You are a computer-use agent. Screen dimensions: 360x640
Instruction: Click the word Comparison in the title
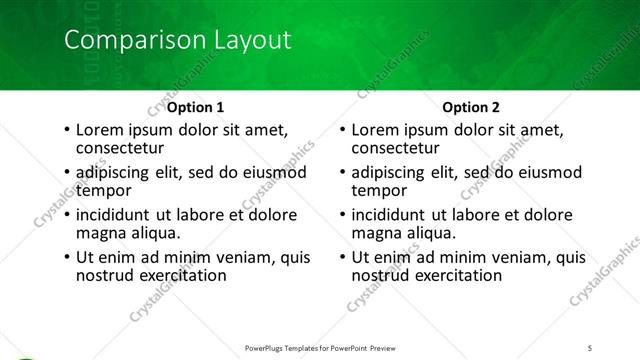pyautogui.click(x=125, y=41)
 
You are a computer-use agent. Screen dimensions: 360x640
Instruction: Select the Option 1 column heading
pyautogui.click(x=194, y=106)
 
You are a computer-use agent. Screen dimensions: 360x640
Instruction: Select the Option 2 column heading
pyautogui.click(x=469, y=106)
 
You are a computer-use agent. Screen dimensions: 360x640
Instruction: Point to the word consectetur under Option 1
pyautogui.click(x=119, y=148)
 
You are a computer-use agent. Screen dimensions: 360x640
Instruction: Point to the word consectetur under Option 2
pyautogui.click(x=395, y=148)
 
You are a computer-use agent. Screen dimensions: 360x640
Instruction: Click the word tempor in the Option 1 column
pyautogui.click(x=103, y=191)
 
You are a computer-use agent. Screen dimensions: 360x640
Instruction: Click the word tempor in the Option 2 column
pyautogui.click(x=379, y=191)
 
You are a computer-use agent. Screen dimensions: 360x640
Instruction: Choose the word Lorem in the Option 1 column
pyautogui.click(x=100, y=130)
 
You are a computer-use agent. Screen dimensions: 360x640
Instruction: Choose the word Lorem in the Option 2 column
pyautogui.click(x=376, y=130)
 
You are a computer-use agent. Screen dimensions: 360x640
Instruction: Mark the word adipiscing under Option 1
pyautogui.click(x=119, y=173)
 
